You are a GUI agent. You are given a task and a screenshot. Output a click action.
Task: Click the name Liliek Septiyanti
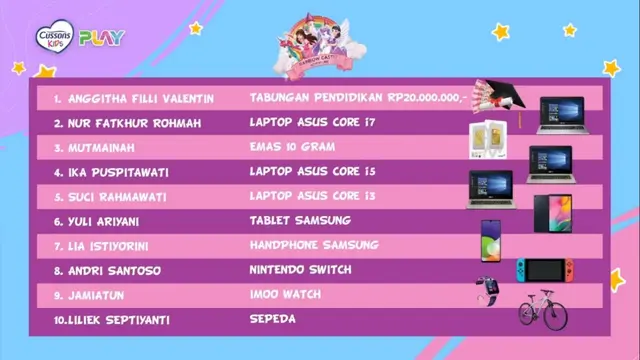(x=118, y=319)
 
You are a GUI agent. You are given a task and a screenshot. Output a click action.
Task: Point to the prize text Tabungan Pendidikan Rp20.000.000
(x=357, y=99)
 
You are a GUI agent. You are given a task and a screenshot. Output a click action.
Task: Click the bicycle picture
(x=543, y=308)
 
